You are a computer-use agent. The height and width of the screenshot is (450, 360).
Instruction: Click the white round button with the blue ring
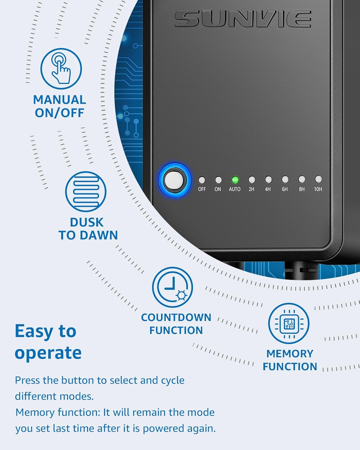[x=174, y=180]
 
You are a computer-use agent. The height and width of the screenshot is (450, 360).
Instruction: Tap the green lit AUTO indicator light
[x=235, y=180]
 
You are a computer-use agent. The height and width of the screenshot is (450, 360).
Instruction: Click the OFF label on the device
[x=202, y=189]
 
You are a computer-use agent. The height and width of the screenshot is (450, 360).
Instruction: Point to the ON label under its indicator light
[x=217, y=189]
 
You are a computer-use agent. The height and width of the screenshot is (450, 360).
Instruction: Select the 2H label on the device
[x=251, y=189]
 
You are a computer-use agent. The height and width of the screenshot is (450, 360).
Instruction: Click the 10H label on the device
[x=318, y=189]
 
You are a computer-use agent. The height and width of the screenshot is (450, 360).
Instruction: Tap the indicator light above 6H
[x=285, y=179]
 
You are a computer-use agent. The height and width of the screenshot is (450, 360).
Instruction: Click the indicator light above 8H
[x=301, y=179]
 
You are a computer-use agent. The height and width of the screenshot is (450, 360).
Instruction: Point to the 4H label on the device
[x=268, y=189]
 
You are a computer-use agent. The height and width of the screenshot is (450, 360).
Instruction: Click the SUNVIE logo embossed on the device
[x=243, y=19]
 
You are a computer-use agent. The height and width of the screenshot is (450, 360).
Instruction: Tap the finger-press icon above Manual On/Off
[x=61, y=69]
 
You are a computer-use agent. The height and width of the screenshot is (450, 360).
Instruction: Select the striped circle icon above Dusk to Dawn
[x=86, y=192]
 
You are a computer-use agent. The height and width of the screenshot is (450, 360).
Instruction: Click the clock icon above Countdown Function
[x=172, y=287]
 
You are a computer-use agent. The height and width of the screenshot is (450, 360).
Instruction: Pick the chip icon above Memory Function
[x=289, y=323]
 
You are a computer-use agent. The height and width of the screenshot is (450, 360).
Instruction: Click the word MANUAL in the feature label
[x=60, y=100]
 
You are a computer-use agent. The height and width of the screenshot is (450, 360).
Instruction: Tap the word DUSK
[x=87, y=222]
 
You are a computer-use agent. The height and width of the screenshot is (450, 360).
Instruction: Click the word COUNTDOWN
[x=176, y=317]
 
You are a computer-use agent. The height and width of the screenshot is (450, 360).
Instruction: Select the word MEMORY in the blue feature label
[x=290, y=354]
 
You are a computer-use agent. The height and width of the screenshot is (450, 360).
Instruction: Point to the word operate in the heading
[x=48, y=354]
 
